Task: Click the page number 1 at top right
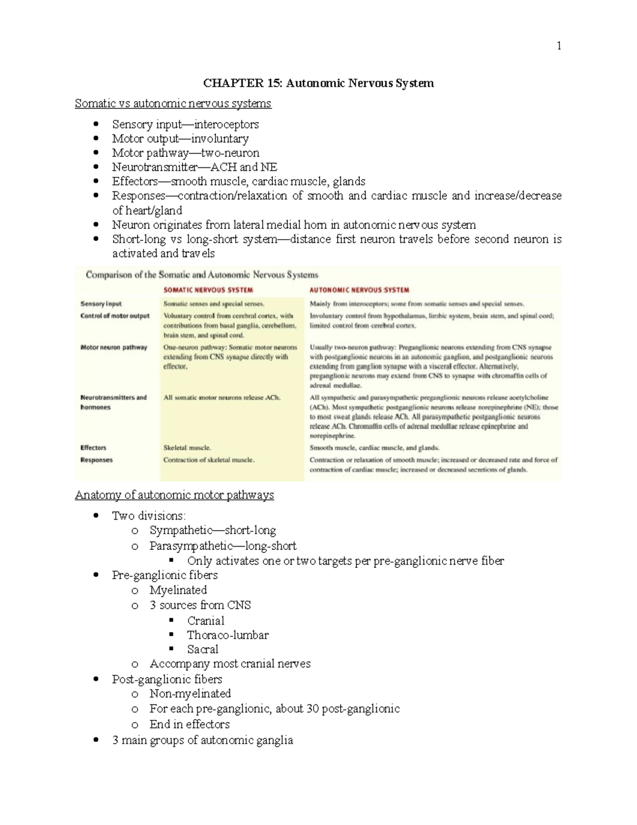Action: point(558,46)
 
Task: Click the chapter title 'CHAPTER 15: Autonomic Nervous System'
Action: point(318,83)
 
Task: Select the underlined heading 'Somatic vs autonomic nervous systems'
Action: point(173,104)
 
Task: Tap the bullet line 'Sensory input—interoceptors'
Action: point(185,124)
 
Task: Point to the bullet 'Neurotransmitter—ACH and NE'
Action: point(194,167)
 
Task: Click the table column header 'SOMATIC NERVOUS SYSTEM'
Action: point(208,290)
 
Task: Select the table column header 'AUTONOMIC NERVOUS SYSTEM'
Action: point(359,290)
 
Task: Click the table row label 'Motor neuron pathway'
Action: point(114,347)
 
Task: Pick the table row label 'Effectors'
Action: point(93,448)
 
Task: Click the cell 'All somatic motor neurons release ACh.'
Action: point(222,397)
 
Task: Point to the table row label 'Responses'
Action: point(97,460)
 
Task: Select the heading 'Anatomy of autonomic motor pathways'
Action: point(174,495)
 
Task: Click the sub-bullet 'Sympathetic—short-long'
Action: point(212,530)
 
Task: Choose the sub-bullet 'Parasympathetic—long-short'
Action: point(223,546)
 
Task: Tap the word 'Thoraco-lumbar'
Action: point(228,635)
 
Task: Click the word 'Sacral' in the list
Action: point(202,650)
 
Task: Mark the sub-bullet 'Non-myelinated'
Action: point(190,694)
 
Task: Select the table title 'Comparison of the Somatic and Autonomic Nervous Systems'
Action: point(202,275)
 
